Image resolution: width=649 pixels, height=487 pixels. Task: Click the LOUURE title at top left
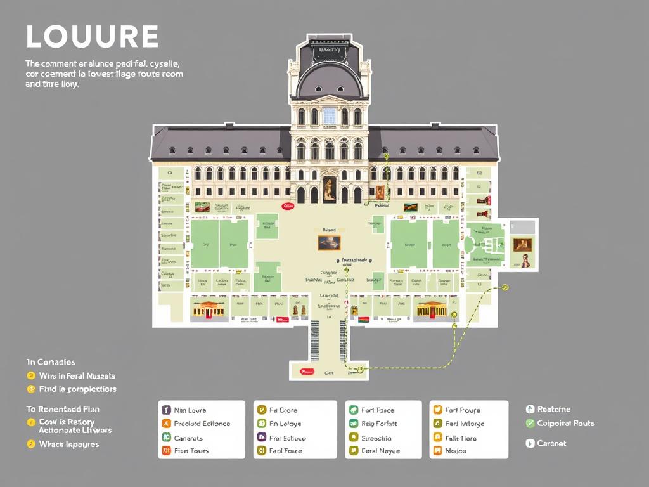(x=92, y=37)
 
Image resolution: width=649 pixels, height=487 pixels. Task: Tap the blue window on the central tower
(x=329, y=116)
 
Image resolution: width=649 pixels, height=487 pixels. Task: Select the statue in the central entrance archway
(x=330, y=189)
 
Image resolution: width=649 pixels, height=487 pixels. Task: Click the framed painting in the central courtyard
(x=329, y=242)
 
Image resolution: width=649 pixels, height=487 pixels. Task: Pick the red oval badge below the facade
(x=288, y=206)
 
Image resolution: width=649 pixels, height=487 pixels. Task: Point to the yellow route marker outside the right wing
(x=505, y=287)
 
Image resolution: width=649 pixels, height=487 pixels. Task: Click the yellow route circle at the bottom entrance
(x=359, y=368)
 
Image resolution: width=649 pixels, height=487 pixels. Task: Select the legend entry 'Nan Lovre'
(x=190, y=410)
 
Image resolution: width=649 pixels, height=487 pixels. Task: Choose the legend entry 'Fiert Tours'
(x=191, y=451)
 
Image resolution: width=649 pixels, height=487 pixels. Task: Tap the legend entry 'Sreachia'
(x=376, y=438)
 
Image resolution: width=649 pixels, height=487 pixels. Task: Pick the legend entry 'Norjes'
(x=455, y=451)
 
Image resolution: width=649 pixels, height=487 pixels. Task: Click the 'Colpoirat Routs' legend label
(x=565, y=424)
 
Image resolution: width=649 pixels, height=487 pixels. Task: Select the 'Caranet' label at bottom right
(x=551, y=443)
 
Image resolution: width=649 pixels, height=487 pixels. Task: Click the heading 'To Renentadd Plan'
(x=63, y=409)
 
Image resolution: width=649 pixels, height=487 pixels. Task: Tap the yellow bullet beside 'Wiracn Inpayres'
(x=30, y=444)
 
